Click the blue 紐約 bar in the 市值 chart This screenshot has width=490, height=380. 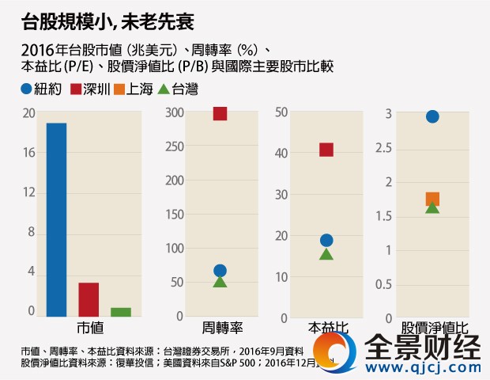click(x=56, y=219)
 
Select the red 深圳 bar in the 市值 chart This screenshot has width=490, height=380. click(x=89, y=299)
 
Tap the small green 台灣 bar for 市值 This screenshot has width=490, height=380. click(x=121, y=312)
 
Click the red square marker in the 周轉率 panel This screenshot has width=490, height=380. click(x=220, y=113)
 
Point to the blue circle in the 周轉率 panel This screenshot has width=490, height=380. click(x=220, y=271)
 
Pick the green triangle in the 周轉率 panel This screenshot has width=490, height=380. click(x=220, y=282)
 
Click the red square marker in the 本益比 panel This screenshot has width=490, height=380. click(x=326, y=150)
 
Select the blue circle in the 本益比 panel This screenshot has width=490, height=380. click(x=326, y=241)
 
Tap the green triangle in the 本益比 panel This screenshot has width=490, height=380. click(x=326, y=254)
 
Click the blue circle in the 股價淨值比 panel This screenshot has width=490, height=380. click(x=432, y=117)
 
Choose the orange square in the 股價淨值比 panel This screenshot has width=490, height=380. click(x=432, y=199)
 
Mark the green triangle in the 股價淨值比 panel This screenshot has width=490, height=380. click(x=432, y=207)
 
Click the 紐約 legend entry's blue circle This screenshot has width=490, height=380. click(x=27, y=89)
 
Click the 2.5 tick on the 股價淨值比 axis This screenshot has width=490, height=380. click(x=384, y=148)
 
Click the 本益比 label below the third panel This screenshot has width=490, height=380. click(x=326, y=327)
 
